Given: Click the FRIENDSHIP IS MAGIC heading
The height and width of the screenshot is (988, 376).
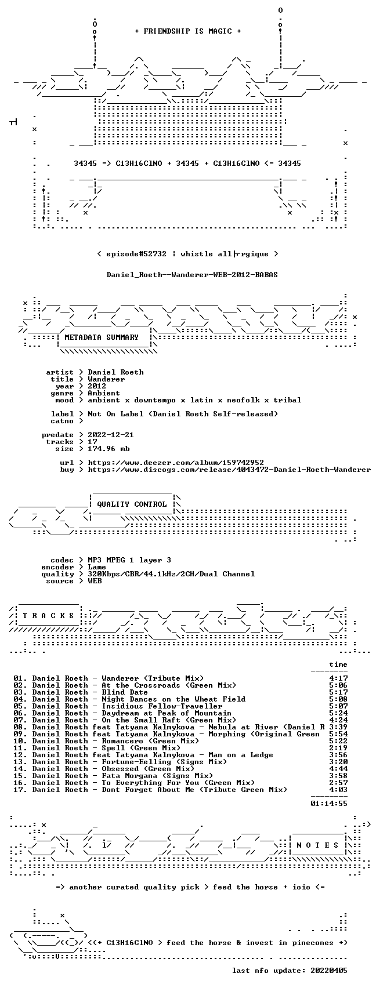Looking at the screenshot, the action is point(188,31).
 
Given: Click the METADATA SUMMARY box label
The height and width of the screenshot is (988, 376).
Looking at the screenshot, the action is point(102,337).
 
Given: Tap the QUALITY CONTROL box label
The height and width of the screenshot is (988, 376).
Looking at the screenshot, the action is point(132,504).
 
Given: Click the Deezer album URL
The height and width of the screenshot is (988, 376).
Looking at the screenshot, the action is point(176,463).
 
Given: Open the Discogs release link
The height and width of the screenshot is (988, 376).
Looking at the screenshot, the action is point(229,470).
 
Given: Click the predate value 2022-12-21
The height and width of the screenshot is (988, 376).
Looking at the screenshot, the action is point(110,435).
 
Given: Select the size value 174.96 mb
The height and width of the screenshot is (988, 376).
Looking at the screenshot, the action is point(109,449).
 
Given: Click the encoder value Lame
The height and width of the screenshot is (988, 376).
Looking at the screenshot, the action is point(97,567).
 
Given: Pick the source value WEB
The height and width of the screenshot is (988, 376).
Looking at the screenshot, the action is point(95,581).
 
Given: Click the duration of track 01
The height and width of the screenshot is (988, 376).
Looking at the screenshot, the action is point(338,678).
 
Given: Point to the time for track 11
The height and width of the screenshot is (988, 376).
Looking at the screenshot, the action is point(338,748).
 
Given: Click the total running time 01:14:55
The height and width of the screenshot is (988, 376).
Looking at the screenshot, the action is point(329,804).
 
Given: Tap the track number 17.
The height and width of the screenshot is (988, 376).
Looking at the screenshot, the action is point(19,790).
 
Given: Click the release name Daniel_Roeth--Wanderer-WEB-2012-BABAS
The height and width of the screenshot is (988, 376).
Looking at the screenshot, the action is point(192,275).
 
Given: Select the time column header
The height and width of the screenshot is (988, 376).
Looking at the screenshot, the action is point(338,664).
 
